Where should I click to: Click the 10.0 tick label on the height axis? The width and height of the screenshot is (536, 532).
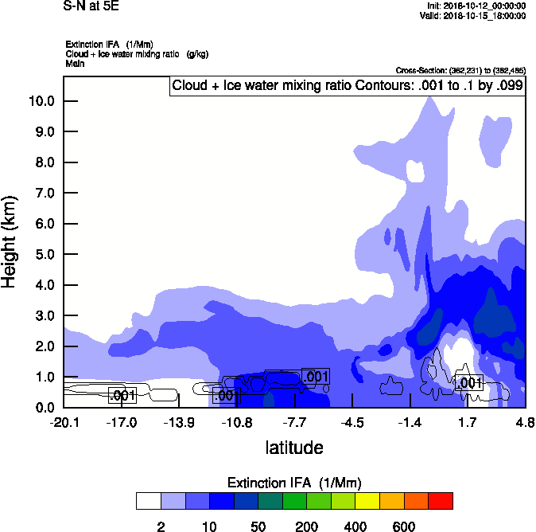click(41, 101)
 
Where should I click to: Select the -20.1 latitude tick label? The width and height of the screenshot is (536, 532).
click(64, 422)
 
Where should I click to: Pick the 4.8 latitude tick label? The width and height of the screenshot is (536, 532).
click(525, 422)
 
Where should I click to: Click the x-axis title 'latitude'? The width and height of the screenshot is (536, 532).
click(294, 448)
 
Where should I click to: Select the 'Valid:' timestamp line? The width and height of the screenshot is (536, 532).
click(473, 15)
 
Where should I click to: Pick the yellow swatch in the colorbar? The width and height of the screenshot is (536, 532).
click(367, 501)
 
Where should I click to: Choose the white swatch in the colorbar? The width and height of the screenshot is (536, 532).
click(148, 501)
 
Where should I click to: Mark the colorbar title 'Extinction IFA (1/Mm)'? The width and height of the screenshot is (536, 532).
click(294, 483)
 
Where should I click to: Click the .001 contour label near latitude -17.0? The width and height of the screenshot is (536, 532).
click(122, 395)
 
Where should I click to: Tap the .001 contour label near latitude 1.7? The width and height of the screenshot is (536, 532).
click(469, 383)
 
